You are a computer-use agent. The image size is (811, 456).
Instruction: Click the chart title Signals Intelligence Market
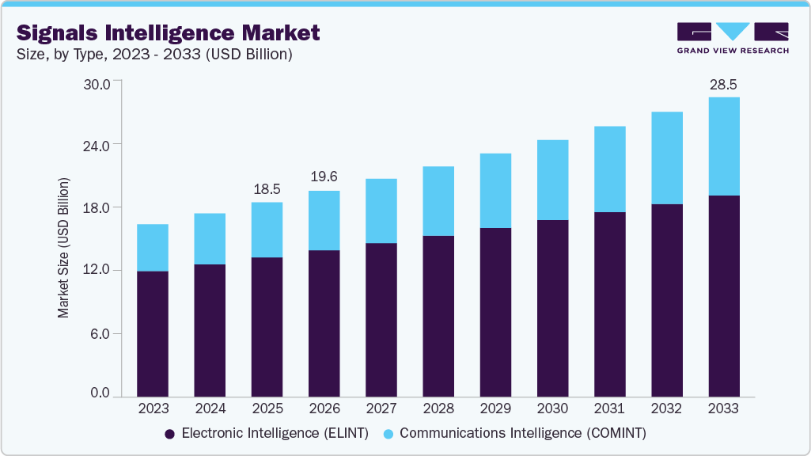pos(168,32)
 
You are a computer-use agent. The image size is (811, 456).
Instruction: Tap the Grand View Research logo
pos(733,37)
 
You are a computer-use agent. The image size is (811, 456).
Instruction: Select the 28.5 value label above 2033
pos(723,84)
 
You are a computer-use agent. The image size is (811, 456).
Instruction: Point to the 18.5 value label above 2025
pos(267,189)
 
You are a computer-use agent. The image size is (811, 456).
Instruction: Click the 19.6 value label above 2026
pos(324,177)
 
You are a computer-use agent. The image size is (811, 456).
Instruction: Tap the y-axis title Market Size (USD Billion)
pos(63,249)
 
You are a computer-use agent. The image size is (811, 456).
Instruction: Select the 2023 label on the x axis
pos(153,409)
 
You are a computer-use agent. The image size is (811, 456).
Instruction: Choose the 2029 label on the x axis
pos(495,409)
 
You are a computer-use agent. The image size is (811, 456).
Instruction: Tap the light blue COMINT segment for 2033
pos(724,146)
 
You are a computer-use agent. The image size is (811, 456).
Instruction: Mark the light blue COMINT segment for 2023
pos(153,248)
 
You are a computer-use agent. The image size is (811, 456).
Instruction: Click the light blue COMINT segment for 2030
pos(552,180)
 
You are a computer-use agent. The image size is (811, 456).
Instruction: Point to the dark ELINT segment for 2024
pos(210,330)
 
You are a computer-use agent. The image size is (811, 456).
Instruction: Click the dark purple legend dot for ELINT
pos(169,434)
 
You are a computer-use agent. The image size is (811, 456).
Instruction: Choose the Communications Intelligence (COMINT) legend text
pos(523,434)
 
